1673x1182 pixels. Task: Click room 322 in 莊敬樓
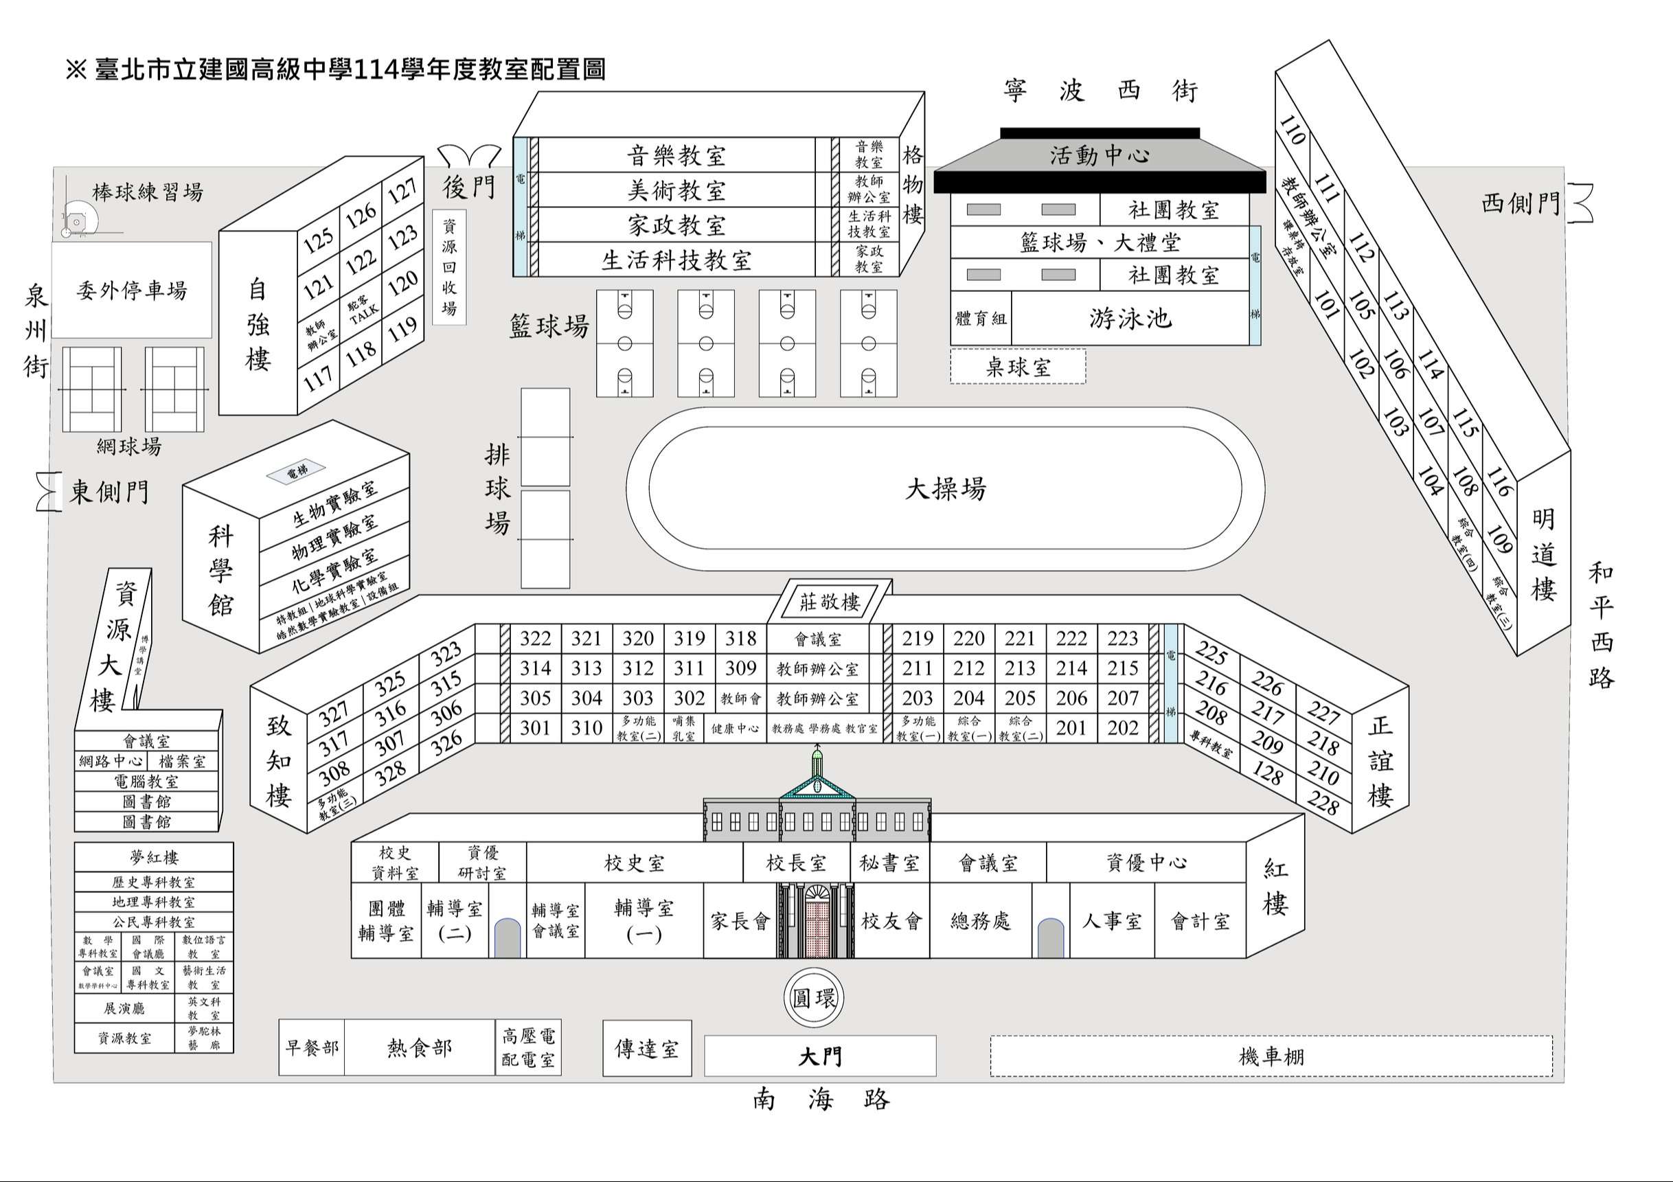535,639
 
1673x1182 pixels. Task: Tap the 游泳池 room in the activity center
1130,319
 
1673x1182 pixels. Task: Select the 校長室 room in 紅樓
796,863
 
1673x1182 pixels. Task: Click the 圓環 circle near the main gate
814,999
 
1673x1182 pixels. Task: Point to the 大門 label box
820,1056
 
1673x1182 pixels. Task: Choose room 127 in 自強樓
402,191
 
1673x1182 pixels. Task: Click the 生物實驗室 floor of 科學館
334,504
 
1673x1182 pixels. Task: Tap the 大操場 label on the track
945,489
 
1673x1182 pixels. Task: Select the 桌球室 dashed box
1017,367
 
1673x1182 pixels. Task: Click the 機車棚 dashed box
1271,1056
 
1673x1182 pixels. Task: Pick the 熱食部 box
419,1048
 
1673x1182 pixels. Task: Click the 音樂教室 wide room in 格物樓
676,155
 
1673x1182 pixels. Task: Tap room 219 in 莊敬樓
918,639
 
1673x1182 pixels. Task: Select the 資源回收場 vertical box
449,267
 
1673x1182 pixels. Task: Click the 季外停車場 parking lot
131,290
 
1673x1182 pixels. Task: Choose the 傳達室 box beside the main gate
646,1049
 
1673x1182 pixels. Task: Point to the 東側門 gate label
109,492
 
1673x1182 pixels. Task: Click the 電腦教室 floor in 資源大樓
146,781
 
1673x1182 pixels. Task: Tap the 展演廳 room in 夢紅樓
124,1008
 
